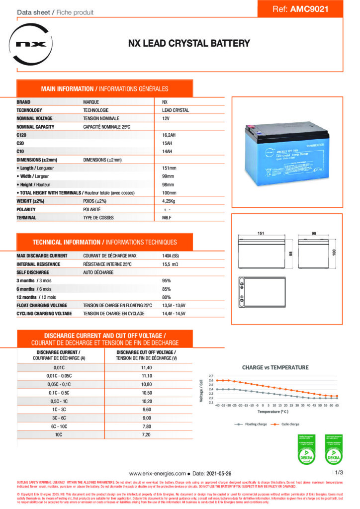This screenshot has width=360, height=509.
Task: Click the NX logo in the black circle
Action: (x=31, y=43)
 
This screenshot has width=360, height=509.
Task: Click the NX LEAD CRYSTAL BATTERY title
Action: (x=189, y=44)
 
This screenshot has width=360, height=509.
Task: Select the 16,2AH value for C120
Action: (x=172, y=135)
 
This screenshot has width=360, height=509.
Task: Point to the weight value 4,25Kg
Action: (x=171, y=201)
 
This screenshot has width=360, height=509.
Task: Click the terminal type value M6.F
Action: (x=167, y=218)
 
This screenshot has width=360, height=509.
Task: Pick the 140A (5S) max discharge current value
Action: (x=173, y=255)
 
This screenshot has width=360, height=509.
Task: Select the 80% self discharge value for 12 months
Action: (x=167, y=298)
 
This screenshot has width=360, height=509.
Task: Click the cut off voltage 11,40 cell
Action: (x=146, y=367)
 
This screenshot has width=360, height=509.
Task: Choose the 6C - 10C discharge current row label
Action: (x=59, y=426)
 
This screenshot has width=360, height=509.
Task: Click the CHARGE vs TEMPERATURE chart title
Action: (x=275, y=367)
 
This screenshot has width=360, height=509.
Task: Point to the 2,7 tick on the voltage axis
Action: (x=211, y=376)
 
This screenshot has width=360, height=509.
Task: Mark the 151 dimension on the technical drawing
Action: (x=261, y=233)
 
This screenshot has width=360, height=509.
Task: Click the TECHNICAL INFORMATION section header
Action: (x=104, y=242)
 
